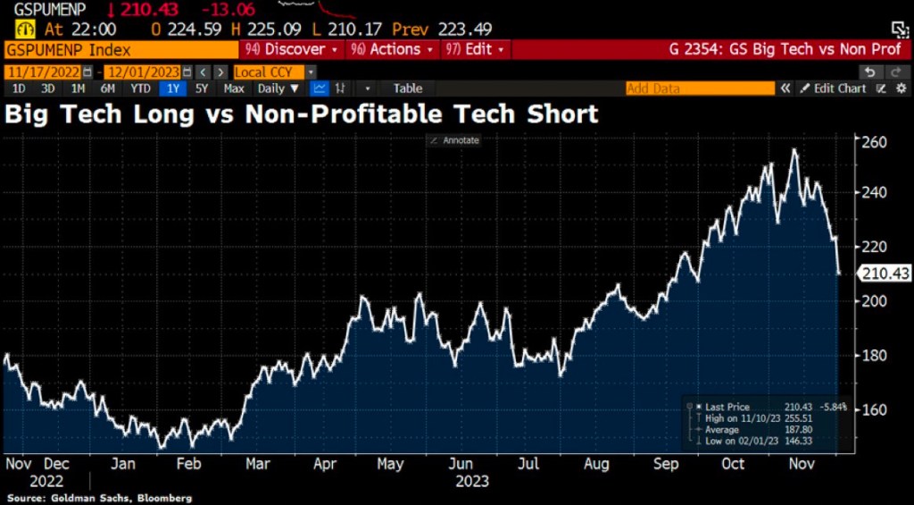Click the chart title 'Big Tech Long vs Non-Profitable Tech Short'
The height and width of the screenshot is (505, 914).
pos(302,114)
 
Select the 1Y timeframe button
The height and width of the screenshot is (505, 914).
pos(170,88)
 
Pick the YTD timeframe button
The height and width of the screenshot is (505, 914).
pos(140,88)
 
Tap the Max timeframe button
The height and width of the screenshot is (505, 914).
pos(234,88)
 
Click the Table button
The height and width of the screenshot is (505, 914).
pos(408,88)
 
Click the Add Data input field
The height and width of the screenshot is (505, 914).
pos(700,88)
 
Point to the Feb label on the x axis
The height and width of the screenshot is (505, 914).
pos(188,464)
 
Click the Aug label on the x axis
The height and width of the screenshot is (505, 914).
pos(597,464)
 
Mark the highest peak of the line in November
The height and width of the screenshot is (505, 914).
pos(794,149)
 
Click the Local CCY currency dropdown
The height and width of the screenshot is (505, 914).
pos(274,72)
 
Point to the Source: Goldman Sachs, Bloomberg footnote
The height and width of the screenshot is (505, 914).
pos(99,497)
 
